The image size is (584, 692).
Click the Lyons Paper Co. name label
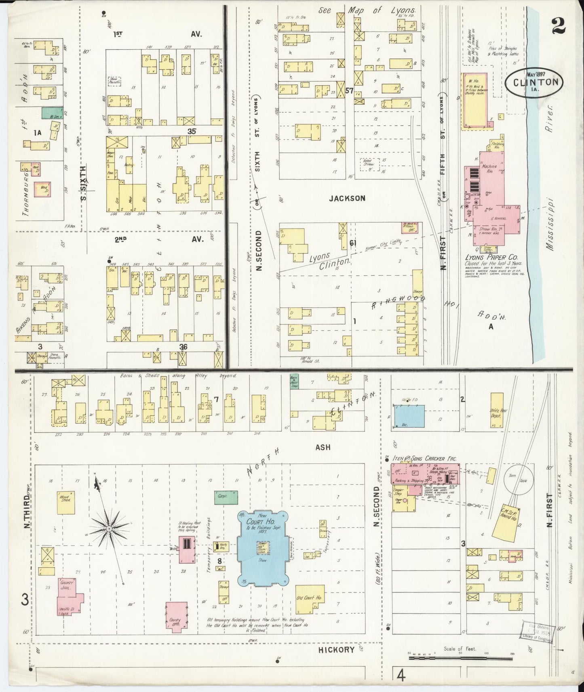492,257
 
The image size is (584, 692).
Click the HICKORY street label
336,650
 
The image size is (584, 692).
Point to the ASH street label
323,447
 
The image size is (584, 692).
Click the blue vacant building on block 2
409,416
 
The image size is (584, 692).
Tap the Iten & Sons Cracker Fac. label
424,459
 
